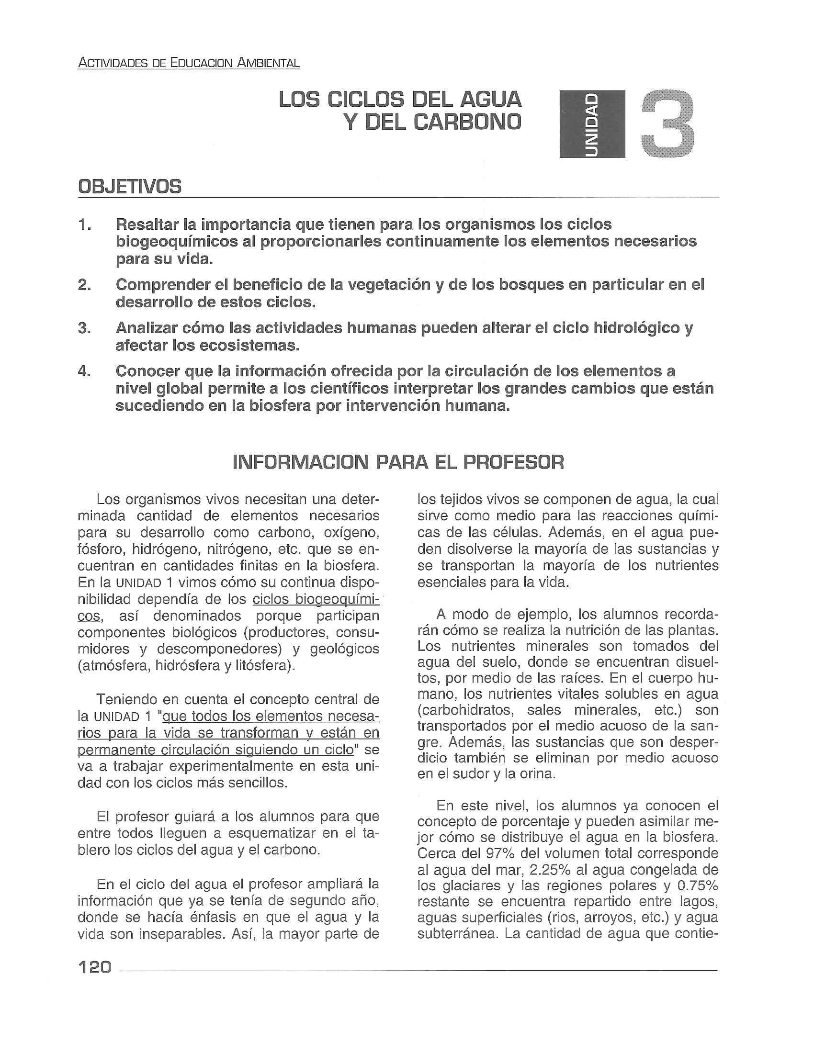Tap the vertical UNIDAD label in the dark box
click(x=592, y=124)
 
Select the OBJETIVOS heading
click(x=130, y=187)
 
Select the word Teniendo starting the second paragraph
click(x=128, y=699)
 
